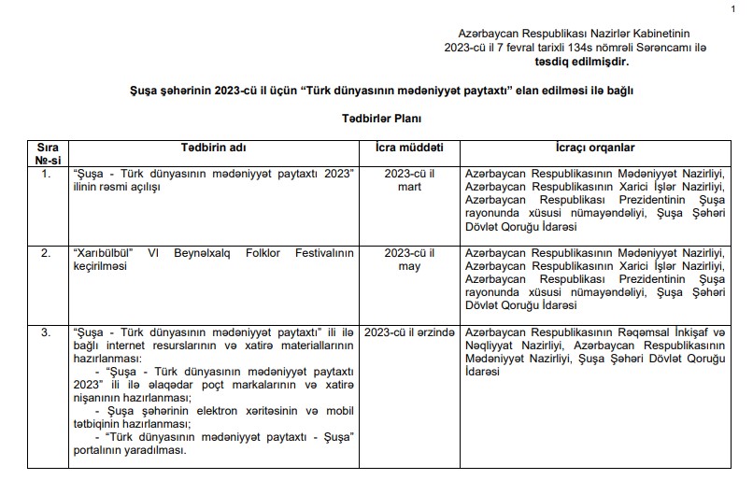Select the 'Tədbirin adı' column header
[215, 148]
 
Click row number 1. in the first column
[46, 175]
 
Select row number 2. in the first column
[46, 252]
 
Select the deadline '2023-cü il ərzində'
[409, 332]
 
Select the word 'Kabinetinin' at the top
[677, 33]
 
